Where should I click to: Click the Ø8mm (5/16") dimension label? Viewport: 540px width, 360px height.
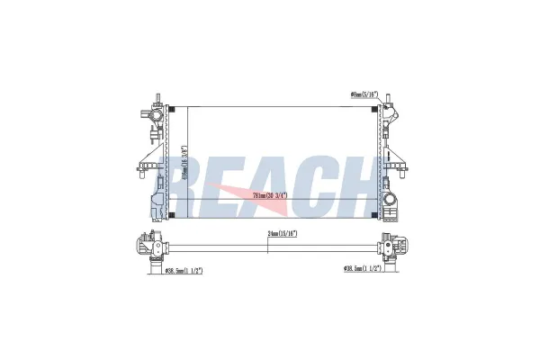click(363, 94)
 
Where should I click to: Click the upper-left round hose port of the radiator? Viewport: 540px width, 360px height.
click(154, 114)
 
